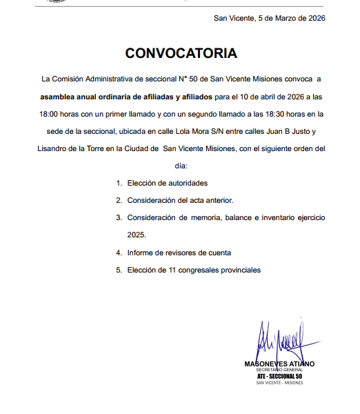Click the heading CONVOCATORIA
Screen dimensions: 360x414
tap(181, 53)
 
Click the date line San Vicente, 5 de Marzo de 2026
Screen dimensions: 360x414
tap(269, 18)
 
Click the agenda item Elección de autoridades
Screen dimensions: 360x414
tap(167, 183)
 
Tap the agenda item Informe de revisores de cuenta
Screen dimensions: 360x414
tap(179, 253)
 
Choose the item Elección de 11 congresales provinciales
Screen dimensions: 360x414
tap(194, 270)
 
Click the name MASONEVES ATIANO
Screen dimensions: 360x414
tap(279, 364)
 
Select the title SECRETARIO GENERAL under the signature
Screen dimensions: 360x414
tap(279, 371)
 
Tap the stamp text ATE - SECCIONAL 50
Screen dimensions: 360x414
tap(279, 376)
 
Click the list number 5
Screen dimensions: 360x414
tap(119, 270)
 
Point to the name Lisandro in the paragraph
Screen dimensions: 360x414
tap(52, 148)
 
